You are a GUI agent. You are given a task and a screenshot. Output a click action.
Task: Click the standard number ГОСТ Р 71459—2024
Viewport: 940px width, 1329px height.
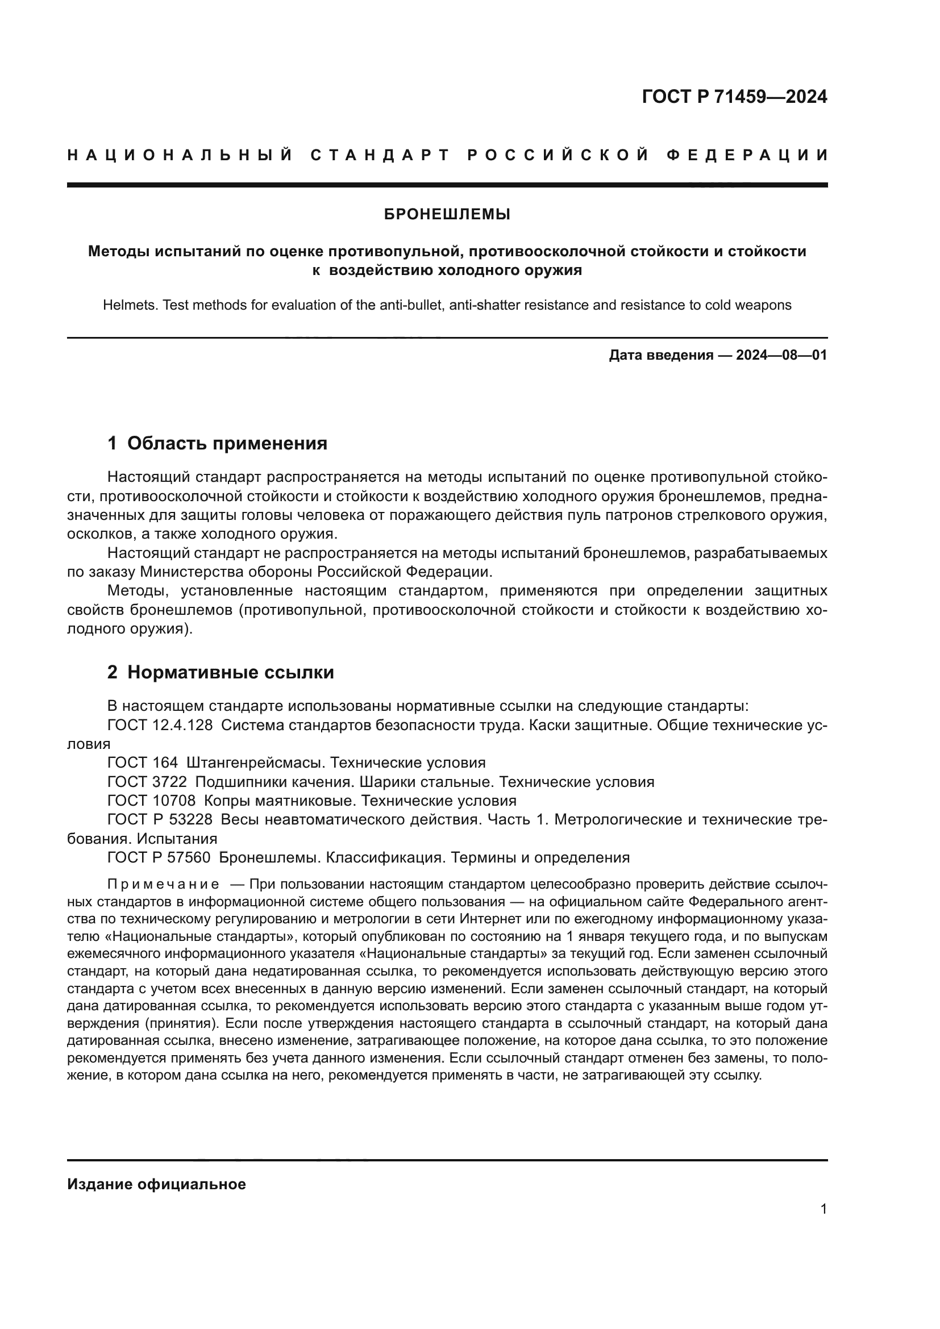point(734,97)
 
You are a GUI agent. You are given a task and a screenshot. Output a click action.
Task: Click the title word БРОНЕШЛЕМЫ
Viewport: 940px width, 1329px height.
point(447,215)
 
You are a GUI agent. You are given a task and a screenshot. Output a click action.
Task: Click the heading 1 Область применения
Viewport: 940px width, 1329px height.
point(217,443)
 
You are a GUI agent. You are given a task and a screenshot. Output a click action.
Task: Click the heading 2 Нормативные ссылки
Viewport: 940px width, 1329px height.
point(221,672)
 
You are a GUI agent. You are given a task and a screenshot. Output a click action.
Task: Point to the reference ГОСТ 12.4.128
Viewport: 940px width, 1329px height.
point(160,724)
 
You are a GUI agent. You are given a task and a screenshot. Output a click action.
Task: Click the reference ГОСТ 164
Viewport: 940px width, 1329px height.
point(143,763)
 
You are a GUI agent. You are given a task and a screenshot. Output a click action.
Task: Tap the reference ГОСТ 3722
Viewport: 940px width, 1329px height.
point(147,781)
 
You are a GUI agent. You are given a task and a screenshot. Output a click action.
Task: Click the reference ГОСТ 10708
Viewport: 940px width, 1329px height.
point(152,801)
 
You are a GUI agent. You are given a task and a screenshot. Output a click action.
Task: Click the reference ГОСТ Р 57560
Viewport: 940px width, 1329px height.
point(159,857)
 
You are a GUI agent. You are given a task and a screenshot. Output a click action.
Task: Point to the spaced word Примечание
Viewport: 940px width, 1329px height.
point(163,884)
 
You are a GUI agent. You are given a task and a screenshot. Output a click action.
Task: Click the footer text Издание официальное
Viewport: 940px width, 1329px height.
point(156,1184)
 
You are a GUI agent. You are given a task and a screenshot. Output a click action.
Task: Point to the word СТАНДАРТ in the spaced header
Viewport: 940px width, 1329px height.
point(380,155)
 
